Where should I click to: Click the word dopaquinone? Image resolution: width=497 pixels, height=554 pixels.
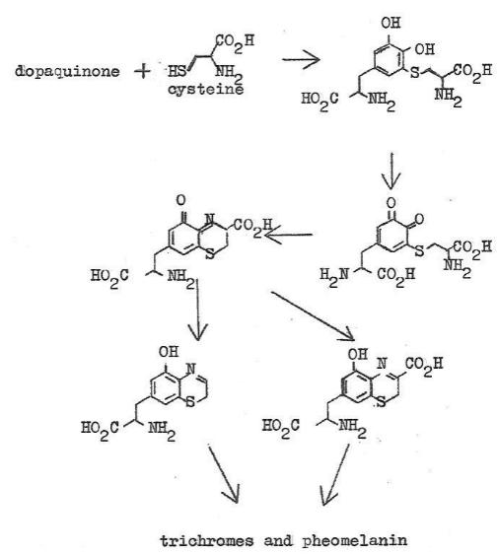coord(67,72)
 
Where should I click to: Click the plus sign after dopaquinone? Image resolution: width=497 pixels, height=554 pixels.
coord(142,72)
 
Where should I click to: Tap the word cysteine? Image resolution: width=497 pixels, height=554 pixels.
coord(206,89)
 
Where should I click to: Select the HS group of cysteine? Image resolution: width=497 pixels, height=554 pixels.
coord(177,71)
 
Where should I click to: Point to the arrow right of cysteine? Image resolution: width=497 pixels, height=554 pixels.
coord(301,59)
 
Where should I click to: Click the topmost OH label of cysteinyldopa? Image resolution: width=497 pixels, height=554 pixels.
coord(390,23)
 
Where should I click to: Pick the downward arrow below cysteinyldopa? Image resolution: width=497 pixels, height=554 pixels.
coord(391,171)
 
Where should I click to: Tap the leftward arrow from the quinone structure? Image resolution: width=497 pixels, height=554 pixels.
coord(288,235)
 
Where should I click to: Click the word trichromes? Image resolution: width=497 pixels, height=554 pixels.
coord(207,540)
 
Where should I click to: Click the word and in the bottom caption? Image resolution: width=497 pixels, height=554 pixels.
coord(278,540)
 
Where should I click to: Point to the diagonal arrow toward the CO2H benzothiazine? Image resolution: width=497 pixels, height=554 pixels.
coord(313,315)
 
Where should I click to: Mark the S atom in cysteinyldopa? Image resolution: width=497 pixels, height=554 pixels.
coord(415,73)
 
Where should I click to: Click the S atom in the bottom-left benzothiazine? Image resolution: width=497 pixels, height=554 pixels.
coord(190,402)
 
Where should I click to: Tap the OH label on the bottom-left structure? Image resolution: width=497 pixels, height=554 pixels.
coord(169,352)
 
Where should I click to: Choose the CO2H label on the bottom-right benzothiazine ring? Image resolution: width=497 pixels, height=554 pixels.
coord(424,365)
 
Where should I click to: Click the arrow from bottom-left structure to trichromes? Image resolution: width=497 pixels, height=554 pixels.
coord(224,474)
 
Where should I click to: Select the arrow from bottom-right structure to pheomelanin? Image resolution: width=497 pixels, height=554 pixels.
coord(334,474)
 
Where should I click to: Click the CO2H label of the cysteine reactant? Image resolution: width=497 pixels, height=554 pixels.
coord(235,42)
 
